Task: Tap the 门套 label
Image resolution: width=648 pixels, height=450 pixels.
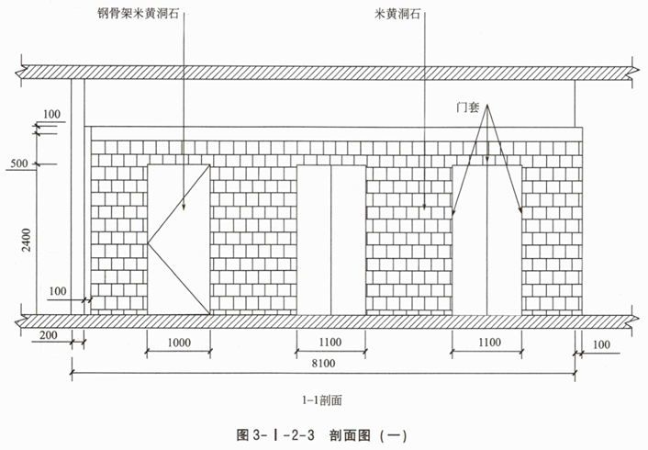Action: click(x=471, y=107)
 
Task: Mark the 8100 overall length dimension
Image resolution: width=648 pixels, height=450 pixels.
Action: click(x=320, y=365)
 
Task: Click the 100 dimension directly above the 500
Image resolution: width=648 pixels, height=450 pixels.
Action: click(x=51, y=114)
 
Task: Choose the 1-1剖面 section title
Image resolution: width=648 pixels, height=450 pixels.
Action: click(x=321, y=399)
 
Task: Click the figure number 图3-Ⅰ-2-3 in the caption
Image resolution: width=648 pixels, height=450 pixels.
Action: click(x=274, y=434)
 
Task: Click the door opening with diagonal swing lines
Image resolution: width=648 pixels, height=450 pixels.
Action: click(x=179, y=239)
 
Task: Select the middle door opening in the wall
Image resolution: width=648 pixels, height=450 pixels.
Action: click(x=330, y=239)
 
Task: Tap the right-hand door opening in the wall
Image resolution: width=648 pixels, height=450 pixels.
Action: click(x=488, y=239)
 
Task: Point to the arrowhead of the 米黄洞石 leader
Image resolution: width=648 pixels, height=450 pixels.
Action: click(x=425, y=211)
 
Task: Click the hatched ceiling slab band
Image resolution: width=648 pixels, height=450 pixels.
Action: click(x=321, y=71)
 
